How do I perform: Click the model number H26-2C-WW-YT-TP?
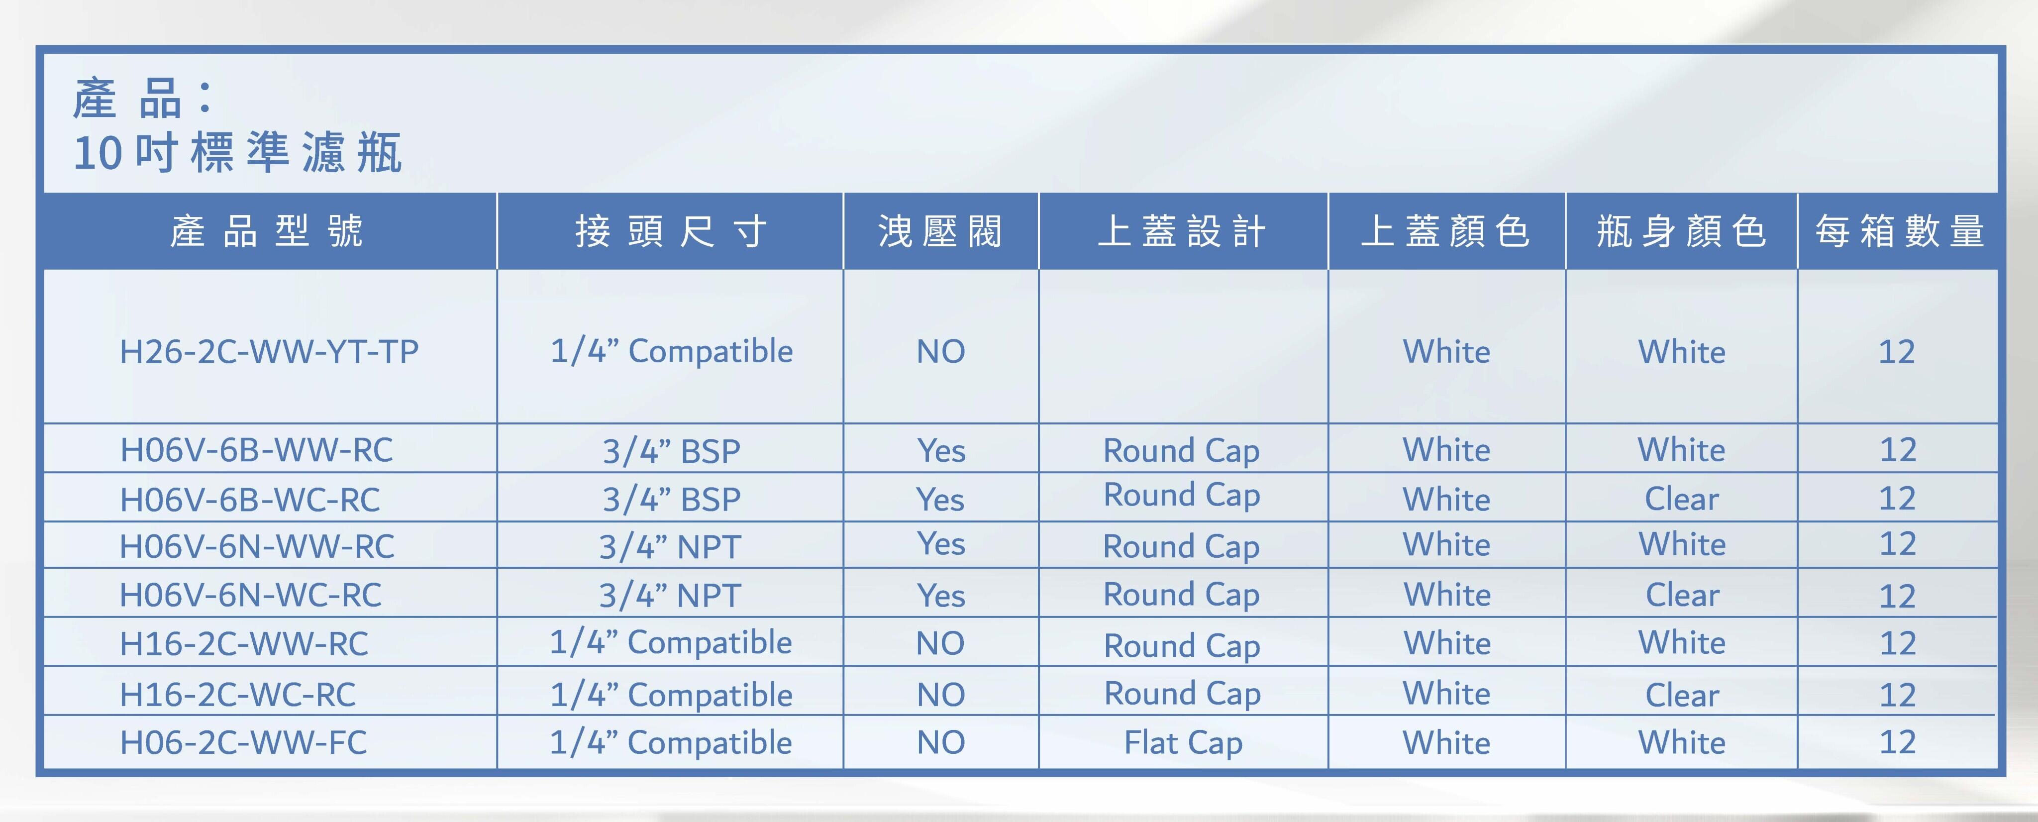pyautogui.click(x=269, y=351)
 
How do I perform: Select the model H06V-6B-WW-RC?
pyautogui.click(x=256, y=450)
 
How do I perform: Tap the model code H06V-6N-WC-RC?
pyautogui.click(x=250, y=595)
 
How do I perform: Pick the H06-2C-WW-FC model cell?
pyautogui.click(x=243, y=742)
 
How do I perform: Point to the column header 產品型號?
pyautogui.click(x=267, y=231)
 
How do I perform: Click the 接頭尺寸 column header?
pyautogui.click(x=671, y=231)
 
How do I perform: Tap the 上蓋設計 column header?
pyautogui.click(x=1183, y=231)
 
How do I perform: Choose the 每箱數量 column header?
pyautogui.click(x=1899, y=231)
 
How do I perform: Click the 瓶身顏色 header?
pyautogui.click(x=1682, y=231)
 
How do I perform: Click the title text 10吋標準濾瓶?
pyautogui.click(x=237, y=152)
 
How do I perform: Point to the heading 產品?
pyautogui.click(x=142, y=99)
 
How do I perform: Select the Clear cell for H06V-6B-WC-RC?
pyautogui.click(x=1682, y=499)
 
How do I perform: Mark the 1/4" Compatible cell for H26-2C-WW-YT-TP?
pyautogui.click(x=671, y=351)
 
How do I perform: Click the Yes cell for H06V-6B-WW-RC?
pyautogui.click(x=941, y=451)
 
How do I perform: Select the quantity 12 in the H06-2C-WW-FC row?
pyautogui.click(x=1897, y=742)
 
